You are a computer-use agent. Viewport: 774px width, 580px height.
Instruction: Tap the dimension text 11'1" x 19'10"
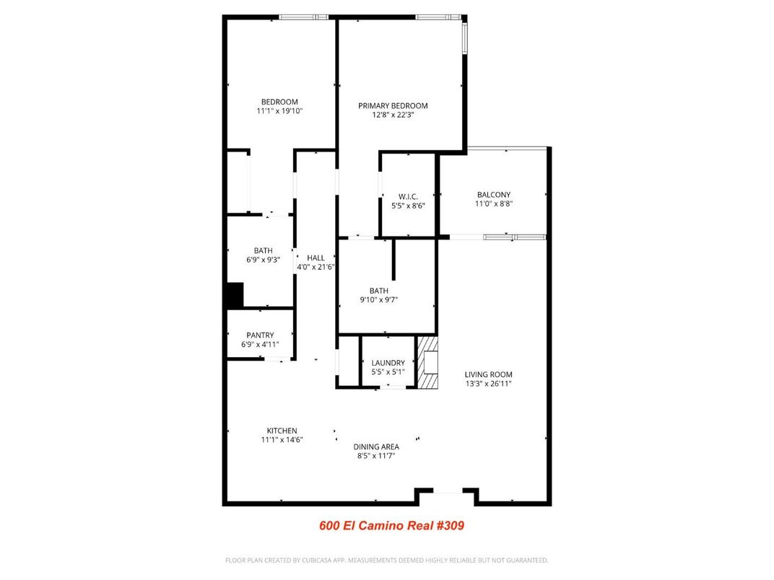pyautogui.click(x=279, y=111)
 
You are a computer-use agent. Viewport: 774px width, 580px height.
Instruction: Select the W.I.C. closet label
pyautogui.click(x=408, y=196)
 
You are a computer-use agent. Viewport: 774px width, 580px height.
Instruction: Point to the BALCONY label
pyautogui.click(x=494, y=195)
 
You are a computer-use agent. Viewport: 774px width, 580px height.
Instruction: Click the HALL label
pyautogui.click(x=316, y=258)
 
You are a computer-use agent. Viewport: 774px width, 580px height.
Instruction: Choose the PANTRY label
pyautogui.click(x=260, y=335)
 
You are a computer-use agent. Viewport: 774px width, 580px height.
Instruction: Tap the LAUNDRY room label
pyautogui.click(x=388, y=363)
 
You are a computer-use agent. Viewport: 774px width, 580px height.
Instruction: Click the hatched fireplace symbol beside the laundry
pyautogui.click(x=428, y=362)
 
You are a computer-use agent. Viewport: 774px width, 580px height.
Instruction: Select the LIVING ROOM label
pyautogui.click(x=488, y=374)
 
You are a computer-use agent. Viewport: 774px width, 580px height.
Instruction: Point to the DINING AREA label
pyautogui.click(x=376, y=447)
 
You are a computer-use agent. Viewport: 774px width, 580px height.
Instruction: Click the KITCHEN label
pyautogui.click(x=282, y=431)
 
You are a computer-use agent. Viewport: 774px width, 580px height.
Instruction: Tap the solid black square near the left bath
pyautogui.click(x=235, y=296)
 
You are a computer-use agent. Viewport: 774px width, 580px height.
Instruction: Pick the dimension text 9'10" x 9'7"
pyautogui.click(x=379, y=300)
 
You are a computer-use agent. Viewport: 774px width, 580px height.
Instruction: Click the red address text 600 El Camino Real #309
pyautogui.click(x=391, y=525)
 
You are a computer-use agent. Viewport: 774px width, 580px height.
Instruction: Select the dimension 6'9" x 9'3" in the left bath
pyautogui.click(x=263, y=260)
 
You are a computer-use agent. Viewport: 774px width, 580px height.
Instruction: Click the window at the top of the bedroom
pyautogui.click(x=303, y=17)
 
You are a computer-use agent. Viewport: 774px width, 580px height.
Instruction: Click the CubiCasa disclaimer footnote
pyautogui.click(x=387, y=560)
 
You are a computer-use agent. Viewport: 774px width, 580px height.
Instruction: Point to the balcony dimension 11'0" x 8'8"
pyautogui.click(x=494, y=204)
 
